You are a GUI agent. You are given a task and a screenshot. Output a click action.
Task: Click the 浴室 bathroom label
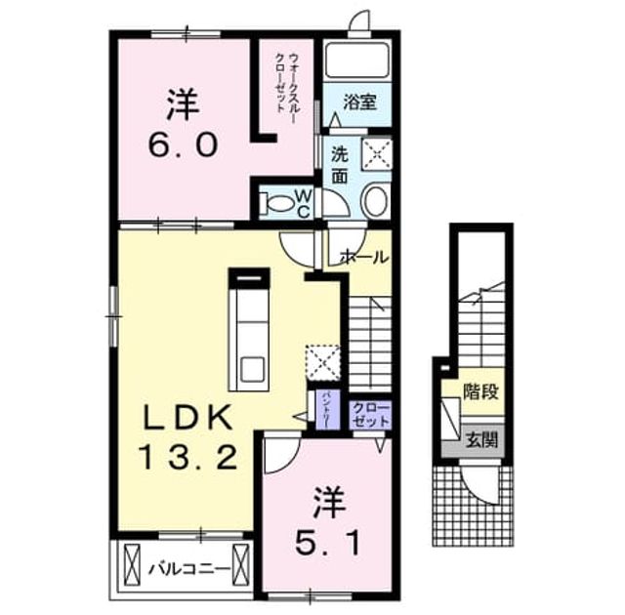pos(359,102)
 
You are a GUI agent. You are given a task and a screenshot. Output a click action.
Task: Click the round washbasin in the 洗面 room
pos(374,201)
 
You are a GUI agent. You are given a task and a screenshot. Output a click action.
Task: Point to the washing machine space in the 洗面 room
pos(377,154)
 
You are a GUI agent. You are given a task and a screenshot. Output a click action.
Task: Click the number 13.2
pos(188,457)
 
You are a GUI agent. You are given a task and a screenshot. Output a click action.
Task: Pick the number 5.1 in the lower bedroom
pos(328,544)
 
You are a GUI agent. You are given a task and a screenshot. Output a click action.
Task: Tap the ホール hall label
pos(363,258)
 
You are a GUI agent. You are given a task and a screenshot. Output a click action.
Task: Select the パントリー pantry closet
pos(327,410)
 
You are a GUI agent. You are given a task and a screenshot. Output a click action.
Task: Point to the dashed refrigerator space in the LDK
pos(323,363)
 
